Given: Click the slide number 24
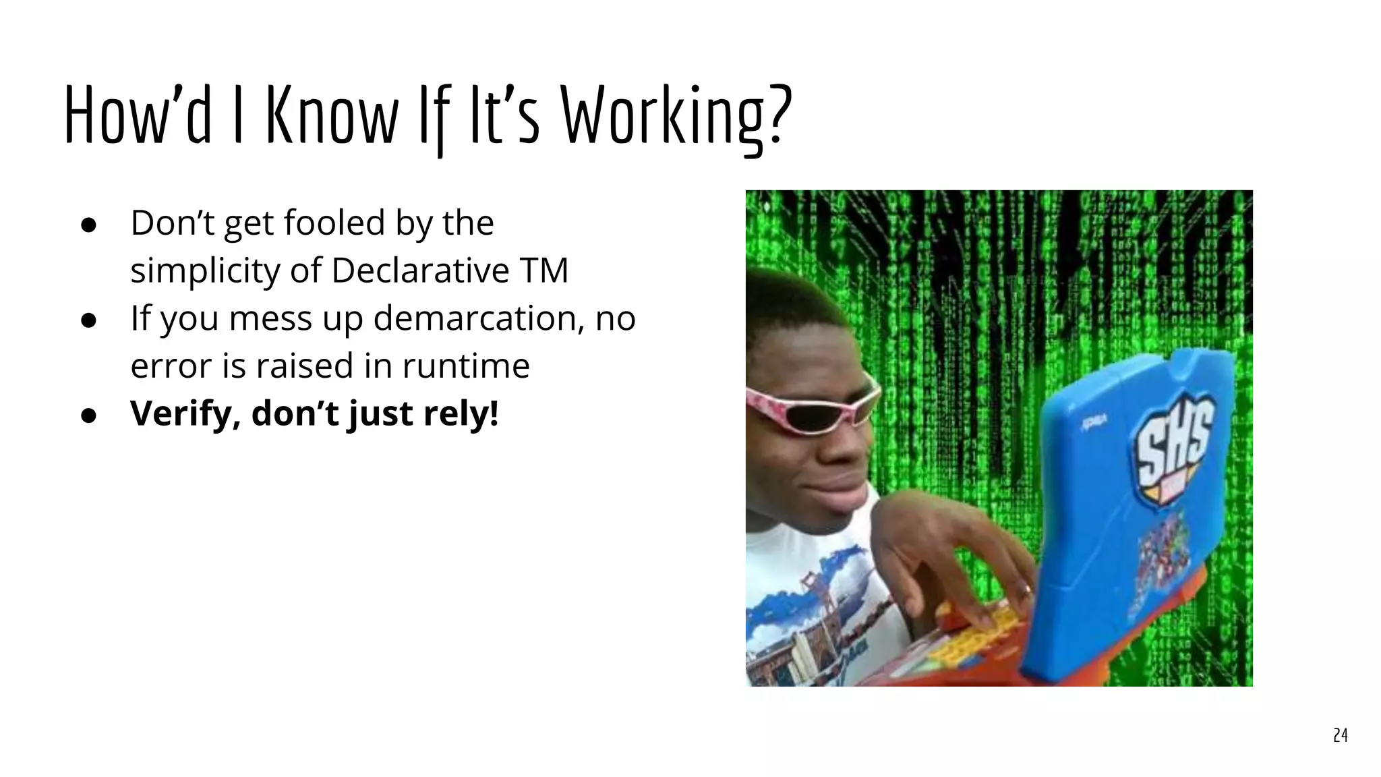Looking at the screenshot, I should click(1340, 735).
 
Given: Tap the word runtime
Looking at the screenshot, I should click(466, 366).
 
